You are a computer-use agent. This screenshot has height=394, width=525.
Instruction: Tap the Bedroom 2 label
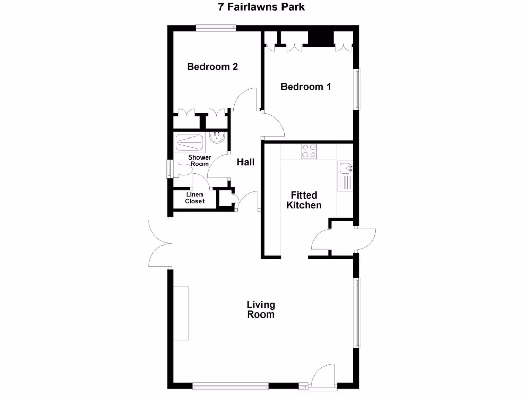(212, 67)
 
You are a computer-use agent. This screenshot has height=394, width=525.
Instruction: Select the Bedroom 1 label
(306, 87)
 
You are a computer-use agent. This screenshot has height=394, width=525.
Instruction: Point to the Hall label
(246, 162)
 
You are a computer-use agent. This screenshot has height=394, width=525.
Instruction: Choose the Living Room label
(260, 310)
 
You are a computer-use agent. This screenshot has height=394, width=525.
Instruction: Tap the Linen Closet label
(195, 198)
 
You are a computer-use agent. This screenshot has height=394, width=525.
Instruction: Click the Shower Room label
(199, 161)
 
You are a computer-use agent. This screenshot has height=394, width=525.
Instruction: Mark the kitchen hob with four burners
(309, 151)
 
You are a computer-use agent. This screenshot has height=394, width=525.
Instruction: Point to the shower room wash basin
(218, 137)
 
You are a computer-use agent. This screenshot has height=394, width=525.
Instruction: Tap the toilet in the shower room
(180, 169)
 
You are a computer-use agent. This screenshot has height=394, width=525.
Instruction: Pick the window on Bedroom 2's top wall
(214, 28)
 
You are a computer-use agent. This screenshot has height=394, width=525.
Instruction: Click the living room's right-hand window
(356, 313)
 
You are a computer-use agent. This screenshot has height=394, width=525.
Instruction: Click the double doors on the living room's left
(159, 243)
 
